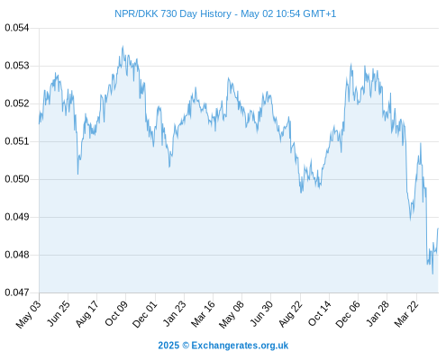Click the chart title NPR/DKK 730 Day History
(x=173, y=13)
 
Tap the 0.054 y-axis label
(x=17, y=28)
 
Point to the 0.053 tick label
(x=17, y=66)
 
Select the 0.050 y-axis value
(x=17, y=179)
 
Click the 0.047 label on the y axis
(x=17, y=292)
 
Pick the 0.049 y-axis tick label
(x=17, y=217)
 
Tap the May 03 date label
(x=29, y=314)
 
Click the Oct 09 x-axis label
(x=116, y=313)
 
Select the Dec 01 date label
(x=145, y=314)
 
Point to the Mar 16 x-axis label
(x=204, y=313)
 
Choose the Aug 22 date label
(x=291, y=314)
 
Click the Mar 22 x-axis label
(x=406, y=313)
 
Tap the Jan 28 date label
(x=378, y=313)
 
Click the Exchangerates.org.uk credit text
(x=240, y=346)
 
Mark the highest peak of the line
(x=123, y=46)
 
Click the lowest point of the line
(x=432, y=274)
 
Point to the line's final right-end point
(x=438, y=229)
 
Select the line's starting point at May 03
(x=39, y=123)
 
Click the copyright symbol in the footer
(x=186, y=346)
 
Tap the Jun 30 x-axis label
(x=261, y=313)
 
